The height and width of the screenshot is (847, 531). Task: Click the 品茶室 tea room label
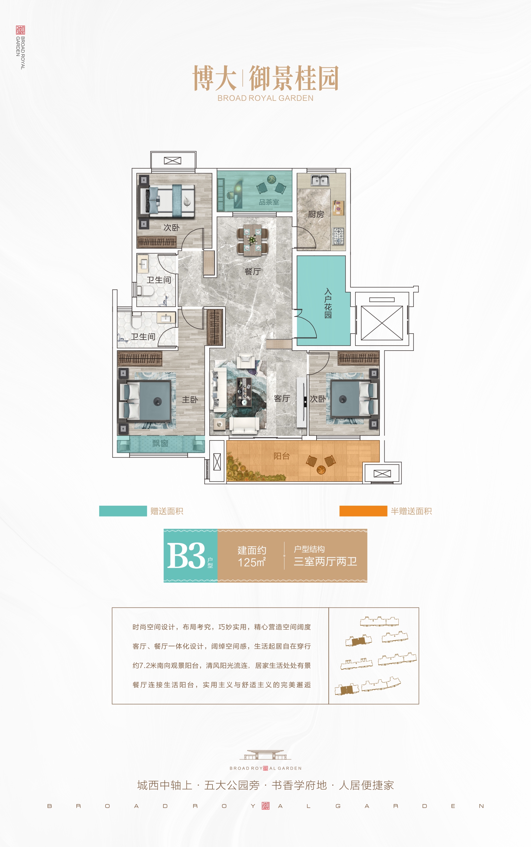(269, 202)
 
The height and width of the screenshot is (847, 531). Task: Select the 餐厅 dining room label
(253, 271)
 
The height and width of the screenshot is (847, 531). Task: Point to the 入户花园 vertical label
(328, 303)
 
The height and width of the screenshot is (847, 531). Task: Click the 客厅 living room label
(282, 398)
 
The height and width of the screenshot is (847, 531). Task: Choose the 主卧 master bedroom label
(190, 399)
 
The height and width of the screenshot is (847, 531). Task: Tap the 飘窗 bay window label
(160, 443)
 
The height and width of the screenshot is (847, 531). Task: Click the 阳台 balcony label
(282, 456)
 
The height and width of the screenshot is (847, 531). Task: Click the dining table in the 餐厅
(253, 240)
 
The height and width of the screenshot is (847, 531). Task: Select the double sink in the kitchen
(319, 180)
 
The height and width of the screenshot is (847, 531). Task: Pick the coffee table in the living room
(244, 391)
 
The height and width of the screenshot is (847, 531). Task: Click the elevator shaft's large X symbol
(382, 323)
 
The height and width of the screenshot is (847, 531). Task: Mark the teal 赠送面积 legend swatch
(123, 511)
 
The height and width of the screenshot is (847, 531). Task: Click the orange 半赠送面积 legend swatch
(363, 511)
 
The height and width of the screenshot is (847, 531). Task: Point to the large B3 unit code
(186, 555)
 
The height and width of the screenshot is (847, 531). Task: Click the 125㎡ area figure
(252, 562)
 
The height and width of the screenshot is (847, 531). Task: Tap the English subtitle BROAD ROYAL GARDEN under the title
(265, 98)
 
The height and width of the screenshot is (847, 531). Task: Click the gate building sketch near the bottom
(265, 755)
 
